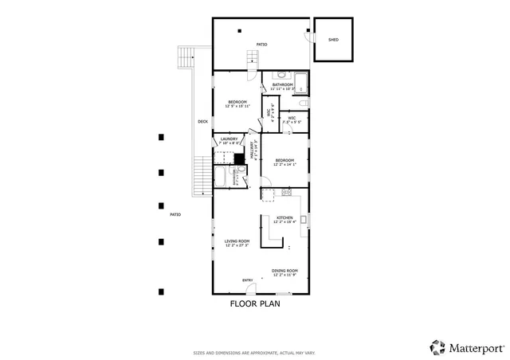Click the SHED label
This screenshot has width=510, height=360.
click(333, 38)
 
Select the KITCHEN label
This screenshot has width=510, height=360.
click(284, 217)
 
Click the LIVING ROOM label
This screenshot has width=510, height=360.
click(237, 241)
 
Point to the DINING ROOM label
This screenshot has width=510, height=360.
click(284, 270)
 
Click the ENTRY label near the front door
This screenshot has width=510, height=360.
click(248, 280)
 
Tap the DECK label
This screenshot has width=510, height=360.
click(203, 122)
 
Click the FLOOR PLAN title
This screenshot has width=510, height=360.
click(255, 303)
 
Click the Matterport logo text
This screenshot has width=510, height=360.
click(476, 347)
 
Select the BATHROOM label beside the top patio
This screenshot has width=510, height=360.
click(282, 84)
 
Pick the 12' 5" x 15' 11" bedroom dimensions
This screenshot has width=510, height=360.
click(237, 105)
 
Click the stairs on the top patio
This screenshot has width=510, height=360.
click(254, 58)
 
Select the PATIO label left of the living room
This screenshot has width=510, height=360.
click(175, 214)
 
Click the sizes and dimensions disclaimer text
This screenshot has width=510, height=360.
click(254, 351)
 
